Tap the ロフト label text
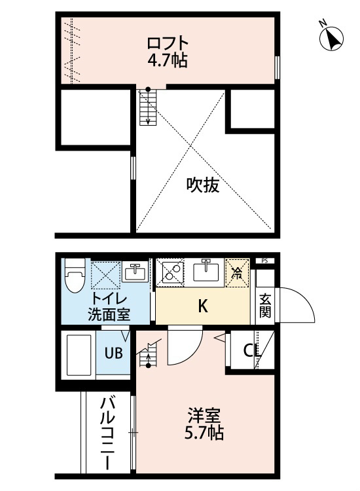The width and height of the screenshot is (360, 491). (x=168, y=43)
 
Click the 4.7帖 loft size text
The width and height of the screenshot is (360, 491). (x=168, y=61)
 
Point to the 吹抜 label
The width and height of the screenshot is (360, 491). (x=203, y=185)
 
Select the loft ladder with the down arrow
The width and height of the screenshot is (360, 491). (x=148, y=107)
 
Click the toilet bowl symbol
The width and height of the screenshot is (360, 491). (x=75, y=276)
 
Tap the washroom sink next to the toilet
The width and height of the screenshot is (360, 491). (x=135, y=272)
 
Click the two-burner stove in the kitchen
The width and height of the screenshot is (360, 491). (x=170, y=272)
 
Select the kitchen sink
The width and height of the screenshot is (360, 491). (x=206, y=271)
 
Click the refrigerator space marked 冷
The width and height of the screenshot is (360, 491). (x=238, y=272)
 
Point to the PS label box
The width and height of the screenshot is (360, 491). (x=265, y=261)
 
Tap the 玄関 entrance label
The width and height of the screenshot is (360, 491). (x=265, y=306)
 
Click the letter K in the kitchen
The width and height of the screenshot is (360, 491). (x=203, y=306)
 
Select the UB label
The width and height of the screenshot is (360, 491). (x=113, y=354)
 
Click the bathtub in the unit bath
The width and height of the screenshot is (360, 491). (x=79, y=355)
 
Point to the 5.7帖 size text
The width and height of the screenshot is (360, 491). (x=204, y=433)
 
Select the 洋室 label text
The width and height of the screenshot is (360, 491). (x=204, y=416)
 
